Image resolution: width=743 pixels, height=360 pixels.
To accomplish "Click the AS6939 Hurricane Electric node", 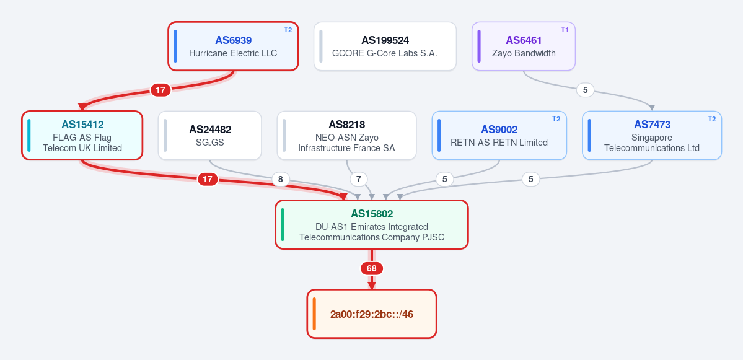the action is tap(233, 46).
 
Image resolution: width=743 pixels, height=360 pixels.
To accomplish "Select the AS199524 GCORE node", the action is tap(385, 46).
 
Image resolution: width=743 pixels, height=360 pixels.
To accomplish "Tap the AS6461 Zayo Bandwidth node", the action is tap(524, 46).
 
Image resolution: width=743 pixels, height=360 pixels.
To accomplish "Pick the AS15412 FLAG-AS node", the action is tap(82, 136).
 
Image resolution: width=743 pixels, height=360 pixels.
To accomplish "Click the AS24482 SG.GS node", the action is tap(210, 136).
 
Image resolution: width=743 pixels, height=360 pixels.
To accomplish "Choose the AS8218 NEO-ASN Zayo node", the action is tap(347, 136).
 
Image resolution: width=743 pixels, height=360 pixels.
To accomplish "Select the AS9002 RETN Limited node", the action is tap(499, 136).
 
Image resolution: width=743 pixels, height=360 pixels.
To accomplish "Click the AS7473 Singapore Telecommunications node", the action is tap(652, 136).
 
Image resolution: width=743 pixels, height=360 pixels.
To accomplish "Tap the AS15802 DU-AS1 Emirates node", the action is tap(372, 224).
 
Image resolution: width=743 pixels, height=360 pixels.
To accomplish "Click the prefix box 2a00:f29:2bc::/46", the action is tap(372, 314).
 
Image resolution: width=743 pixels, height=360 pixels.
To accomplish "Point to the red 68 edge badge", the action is tap(372, 268).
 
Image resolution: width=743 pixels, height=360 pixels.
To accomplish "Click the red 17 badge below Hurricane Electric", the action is tap(160, 89).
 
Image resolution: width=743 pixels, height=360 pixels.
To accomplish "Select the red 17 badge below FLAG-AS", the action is tap(208, 179).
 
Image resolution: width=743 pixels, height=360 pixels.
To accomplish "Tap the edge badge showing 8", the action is tap(281, 180).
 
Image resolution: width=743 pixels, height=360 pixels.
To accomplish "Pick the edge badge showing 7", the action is tap(359, 180).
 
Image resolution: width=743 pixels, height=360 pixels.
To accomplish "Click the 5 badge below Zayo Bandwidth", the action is tap(585, 89).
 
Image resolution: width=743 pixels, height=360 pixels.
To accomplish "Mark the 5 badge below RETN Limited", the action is tap(444, 180).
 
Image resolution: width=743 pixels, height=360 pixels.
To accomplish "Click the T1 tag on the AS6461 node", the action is tap(565, 30).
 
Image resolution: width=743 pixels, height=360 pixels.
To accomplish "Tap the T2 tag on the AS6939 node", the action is tap(288, 30).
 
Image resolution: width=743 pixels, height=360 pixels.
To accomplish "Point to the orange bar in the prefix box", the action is tap(314, 314).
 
